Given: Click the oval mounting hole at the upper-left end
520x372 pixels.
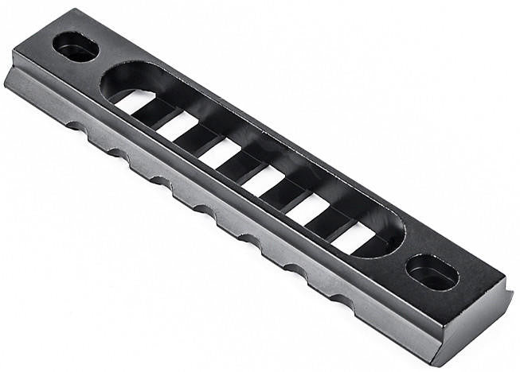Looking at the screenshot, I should pos(76,48).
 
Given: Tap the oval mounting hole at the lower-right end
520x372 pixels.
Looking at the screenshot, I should pos(432,273).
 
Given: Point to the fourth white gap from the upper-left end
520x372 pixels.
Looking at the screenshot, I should pos(264,181).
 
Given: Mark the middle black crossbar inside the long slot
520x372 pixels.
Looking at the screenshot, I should pos(241,166).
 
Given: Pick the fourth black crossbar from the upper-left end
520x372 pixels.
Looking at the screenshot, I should pos(285,194).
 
